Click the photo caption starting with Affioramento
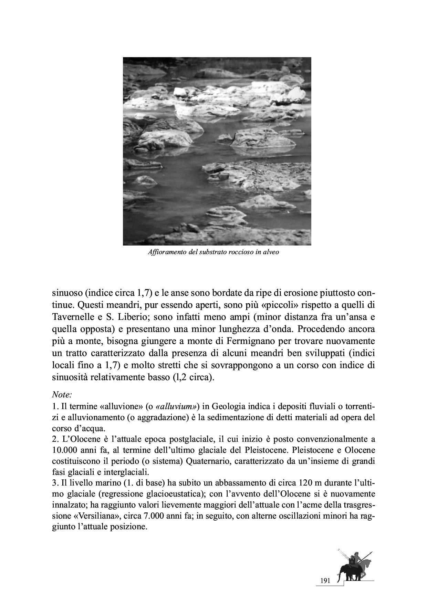[x=213, y=252]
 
